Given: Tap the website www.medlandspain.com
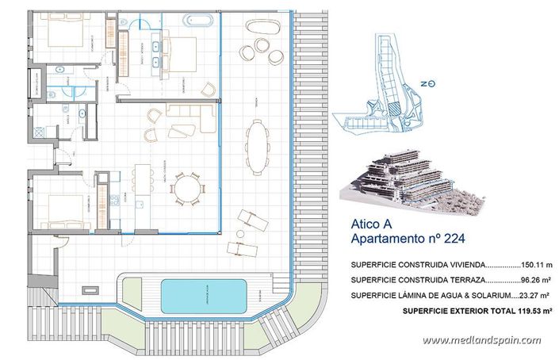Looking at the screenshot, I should tap(481, 340).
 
